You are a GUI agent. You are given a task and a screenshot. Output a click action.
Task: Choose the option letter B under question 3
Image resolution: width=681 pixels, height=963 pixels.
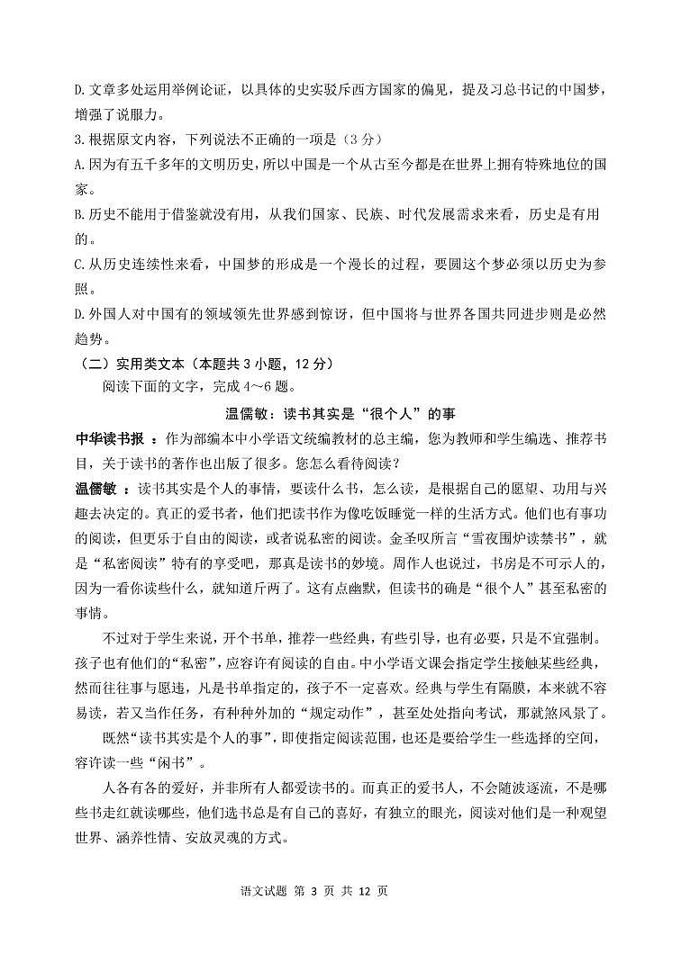click(x=78, y=215)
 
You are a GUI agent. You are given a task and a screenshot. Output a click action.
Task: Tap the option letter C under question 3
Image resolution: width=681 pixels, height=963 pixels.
click(x=78, y=265)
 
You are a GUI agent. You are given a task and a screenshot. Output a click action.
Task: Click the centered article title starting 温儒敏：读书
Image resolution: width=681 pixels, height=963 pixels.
click(x=340, y=414)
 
